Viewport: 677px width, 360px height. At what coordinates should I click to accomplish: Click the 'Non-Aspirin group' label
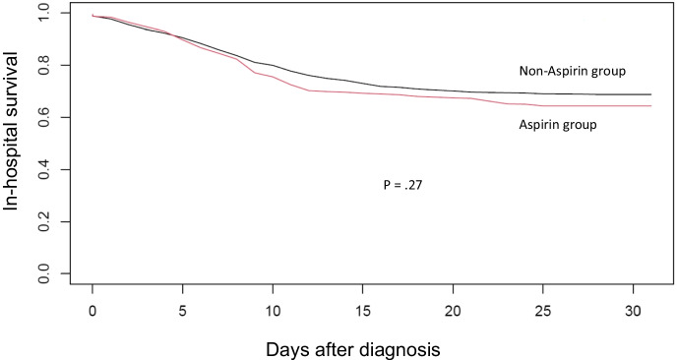point(573,71)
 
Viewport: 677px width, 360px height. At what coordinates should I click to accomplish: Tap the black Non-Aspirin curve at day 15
point(362,84)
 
